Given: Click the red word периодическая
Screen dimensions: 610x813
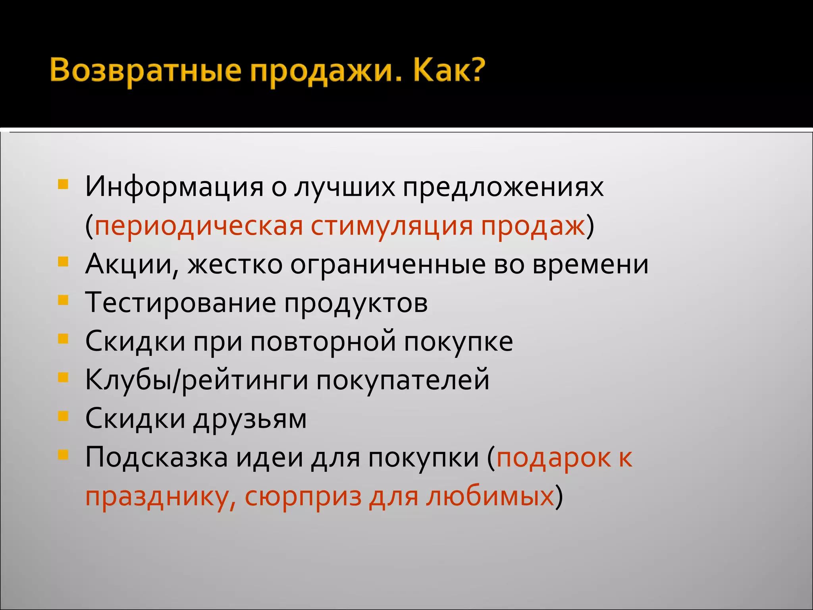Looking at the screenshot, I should click(x=198, y=226).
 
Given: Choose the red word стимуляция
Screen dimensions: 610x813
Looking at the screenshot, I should click(x=391, y=226).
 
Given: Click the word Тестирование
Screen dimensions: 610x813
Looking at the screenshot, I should click(x=181, y=303).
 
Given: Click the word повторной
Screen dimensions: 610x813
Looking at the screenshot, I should click(x=323, y=342).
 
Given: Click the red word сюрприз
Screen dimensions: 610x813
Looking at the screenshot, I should click(x=303, y=496).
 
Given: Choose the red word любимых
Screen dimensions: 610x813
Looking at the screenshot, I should click(x=490, y=496).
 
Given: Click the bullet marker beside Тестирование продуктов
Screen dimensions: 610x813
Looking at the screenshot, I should click(x=63, y=300).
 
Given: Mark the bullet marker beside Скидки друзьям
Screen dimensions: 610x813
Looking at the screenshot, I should click(x=63, y=416).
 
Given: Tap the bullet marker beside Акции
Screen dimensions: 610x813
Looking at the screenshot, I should click(x=63, y=261).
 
